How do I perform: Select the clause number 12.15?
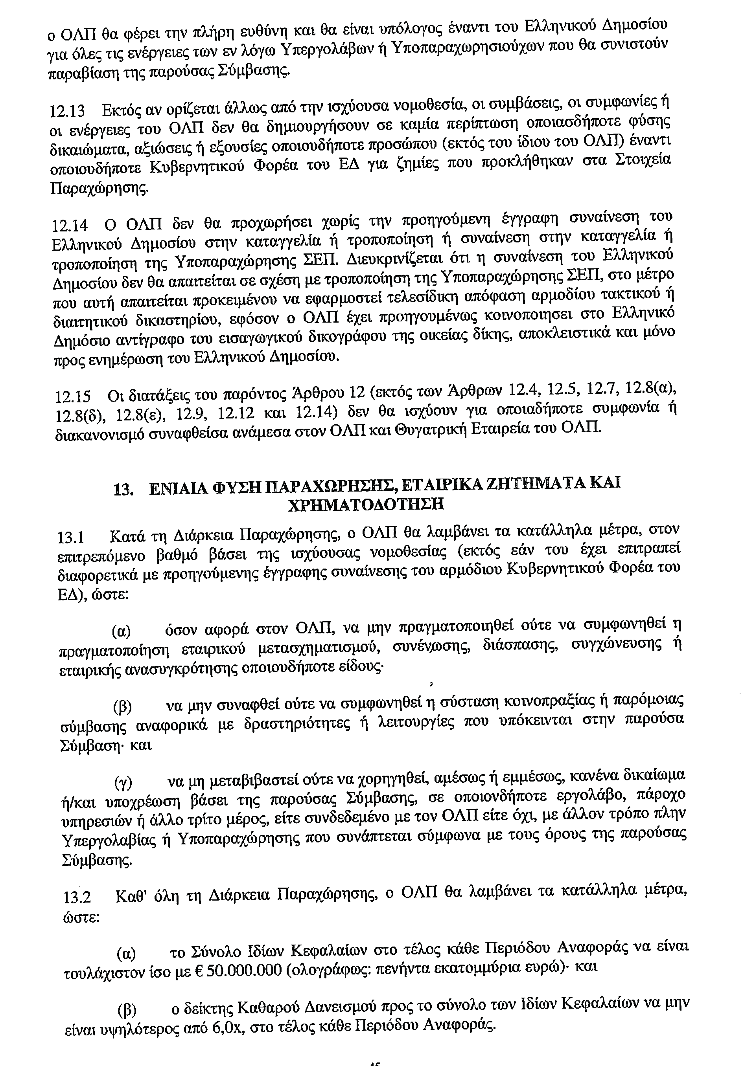coord(72,397)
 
